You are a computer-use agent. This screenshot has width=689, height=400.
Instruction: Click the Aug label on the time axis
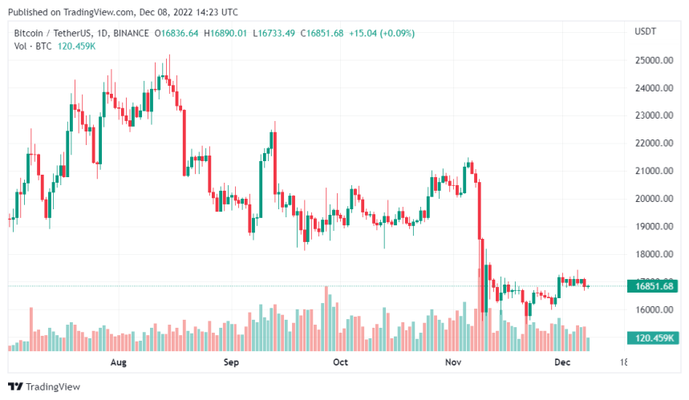tap(118, 362)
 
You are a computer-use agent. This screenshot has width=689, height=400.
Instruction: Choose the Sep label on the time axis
tap(231, 362)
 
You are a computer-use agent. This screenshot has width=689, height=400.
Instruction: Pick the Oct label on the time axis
tap(340, 362)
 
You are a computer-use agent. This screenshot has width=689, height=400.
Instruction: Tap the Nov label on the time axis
tap(453, 362)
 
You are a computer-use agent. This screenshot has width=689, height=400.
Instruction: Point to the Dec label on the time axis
tap(562, 362)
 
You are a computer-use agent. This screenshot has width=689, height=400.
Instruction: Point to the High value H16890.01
tap(227, 33)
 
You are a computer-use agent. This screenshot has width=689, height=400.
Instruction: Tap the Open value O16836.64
tap(177, 33)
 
